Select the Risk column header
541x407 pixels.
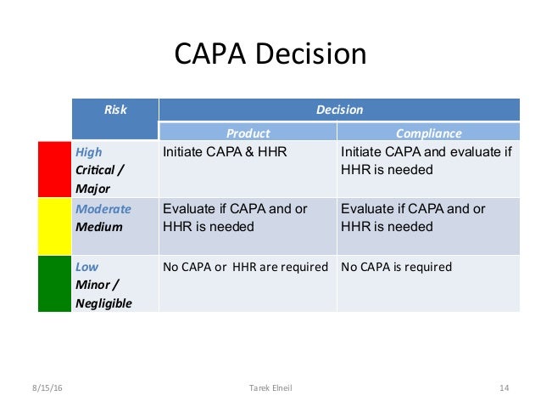click(115, 110)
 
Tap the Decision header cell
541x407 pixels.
click(339, 110)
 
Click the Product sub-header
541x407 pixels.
click(248, 133)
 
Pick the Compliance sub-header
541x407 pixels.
click(429, 133)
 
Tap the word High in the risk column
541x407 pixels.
click(89, 152)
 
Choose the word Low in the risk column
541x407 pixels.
click(87, 266)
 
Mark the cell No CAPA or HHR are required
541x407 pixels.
click(244, 267)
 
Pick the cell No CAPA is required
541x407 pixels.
click(396, 267)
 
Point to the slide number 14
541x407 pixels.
click(504, 388)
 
